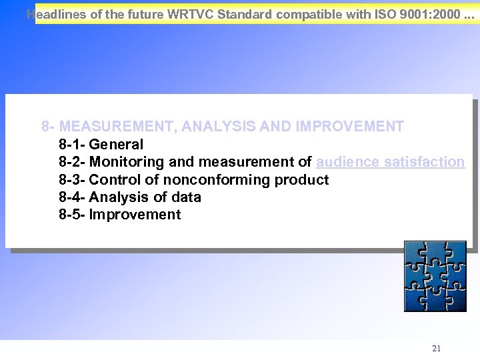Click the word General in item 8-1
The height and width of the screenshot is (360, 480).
pyautogui.click(x=116, y=144)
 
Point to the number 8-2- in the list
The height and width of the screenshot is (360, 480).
pyautogui.click(x=72, y=162)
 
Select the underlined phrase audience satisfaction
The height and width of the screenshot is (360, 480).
pyautogui.click(x=390, y=162)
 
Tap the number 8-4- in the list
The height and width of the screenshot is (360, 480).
pyautogui.click(x=72, y=197)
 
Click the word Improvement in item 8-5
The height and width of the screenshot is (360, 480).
pyautogui.click(x=135, y=215)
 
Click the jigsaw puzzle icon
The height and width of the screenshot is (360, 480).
pyautogui.click(x=435, y=276)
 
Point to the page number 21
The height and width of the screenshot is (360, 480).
pyautogui.click(x=436, y=348)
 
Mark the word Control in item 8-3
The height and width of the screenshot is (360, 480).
pyautogui.click(x=111, y=180)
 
